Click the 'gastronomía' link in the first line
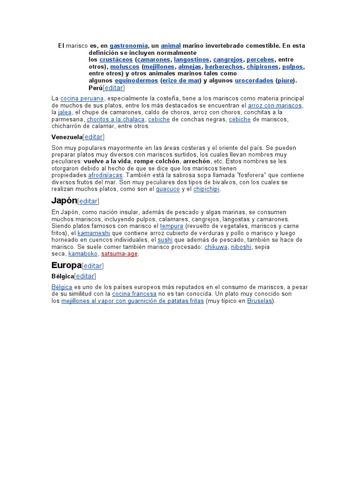coord(128,46)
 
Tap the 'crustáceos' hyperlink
coord(116,60)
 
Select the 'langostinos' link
coord(191,60)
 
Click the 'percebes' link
coord(260,60)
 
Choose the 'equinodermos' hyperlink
coord(136,81)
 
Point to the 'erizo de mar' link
coord(181,81)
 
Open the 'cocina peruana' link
coord(82,98)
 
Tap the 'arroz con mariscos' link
coord(275,105)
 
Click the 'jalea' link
coord(65,112)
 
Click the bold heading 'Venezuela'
coord(67,137)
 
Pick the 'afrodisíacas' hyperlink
coord(105,175)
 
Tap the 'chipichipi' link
coord(206,189)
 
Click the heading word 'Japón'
coord(64,201)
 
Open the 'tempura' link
coord(172,226)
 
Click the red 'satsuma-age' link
coord(120,254)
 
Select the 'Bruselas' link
coord(259,301)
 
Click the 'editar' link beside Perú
coord(114,88)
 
